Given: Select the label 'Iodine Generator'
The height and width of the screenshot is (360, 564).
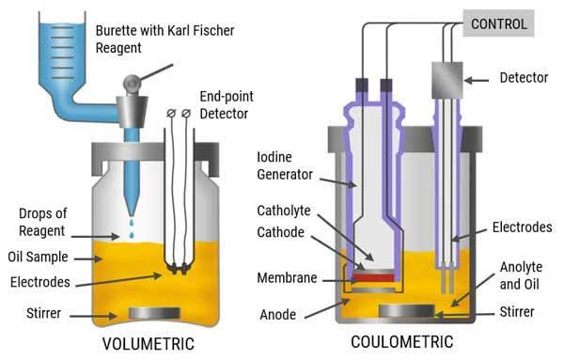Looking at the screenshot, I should (284, 164).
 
